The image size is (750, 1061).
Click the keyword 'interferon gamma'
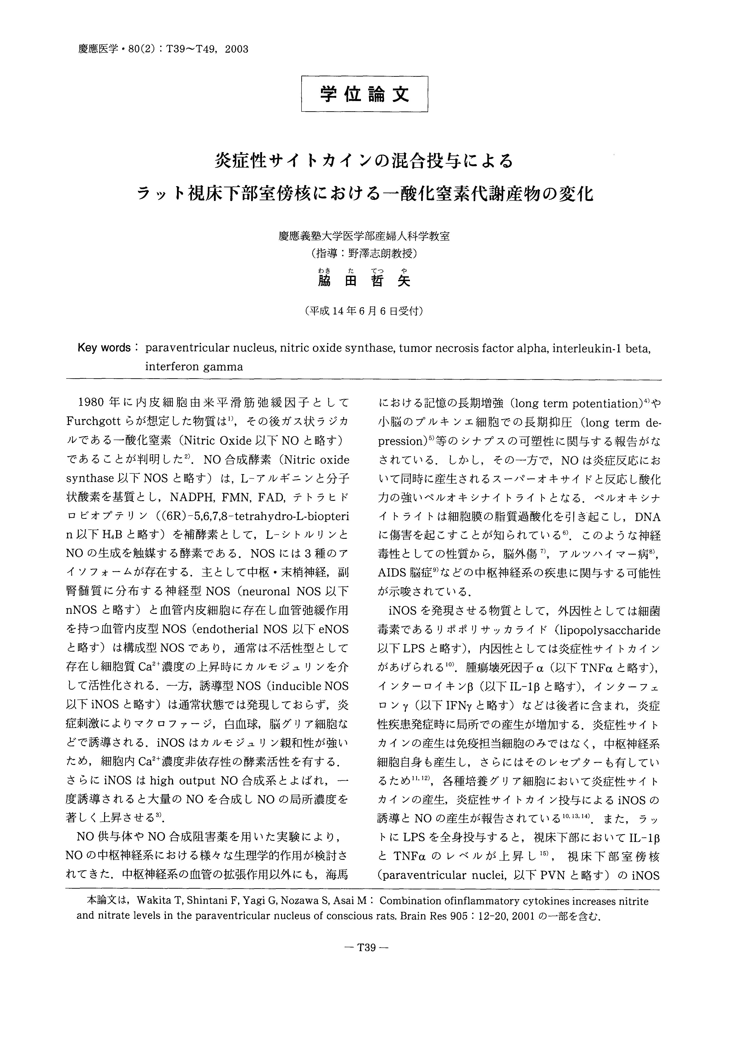[x=194, y=367]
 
